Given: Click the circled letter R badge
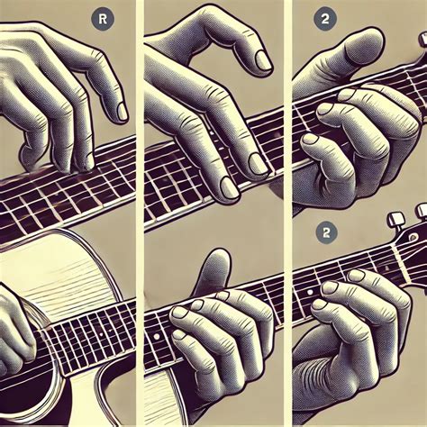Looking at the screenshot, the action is (103, 19).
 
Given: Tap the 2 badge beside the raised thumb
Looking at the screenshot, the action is (325, 19).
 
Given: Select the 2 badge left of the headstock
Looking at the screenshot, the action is (326, 232).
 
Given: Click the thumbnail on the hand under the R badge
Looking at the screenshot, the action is (123, 112).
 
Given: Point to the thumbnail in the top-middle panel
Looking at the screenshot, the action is (263, 60).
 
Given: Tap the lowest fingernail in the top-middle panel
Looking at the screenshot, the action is (229, 187).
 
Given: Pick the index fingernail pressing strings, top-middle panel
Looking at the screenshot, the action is (259, 164).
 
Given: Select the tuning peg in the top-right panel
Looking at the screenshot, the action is (422, 40).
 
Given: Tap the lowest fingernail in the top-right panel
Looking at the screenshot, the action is (310, 139).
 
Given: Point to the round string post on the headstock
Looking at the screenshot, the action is (413, 237).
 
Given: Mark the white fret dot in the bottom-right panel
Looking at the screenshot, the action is (310, 292).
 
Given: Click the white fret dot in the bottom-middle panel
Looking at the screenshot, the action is (156, 337).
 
